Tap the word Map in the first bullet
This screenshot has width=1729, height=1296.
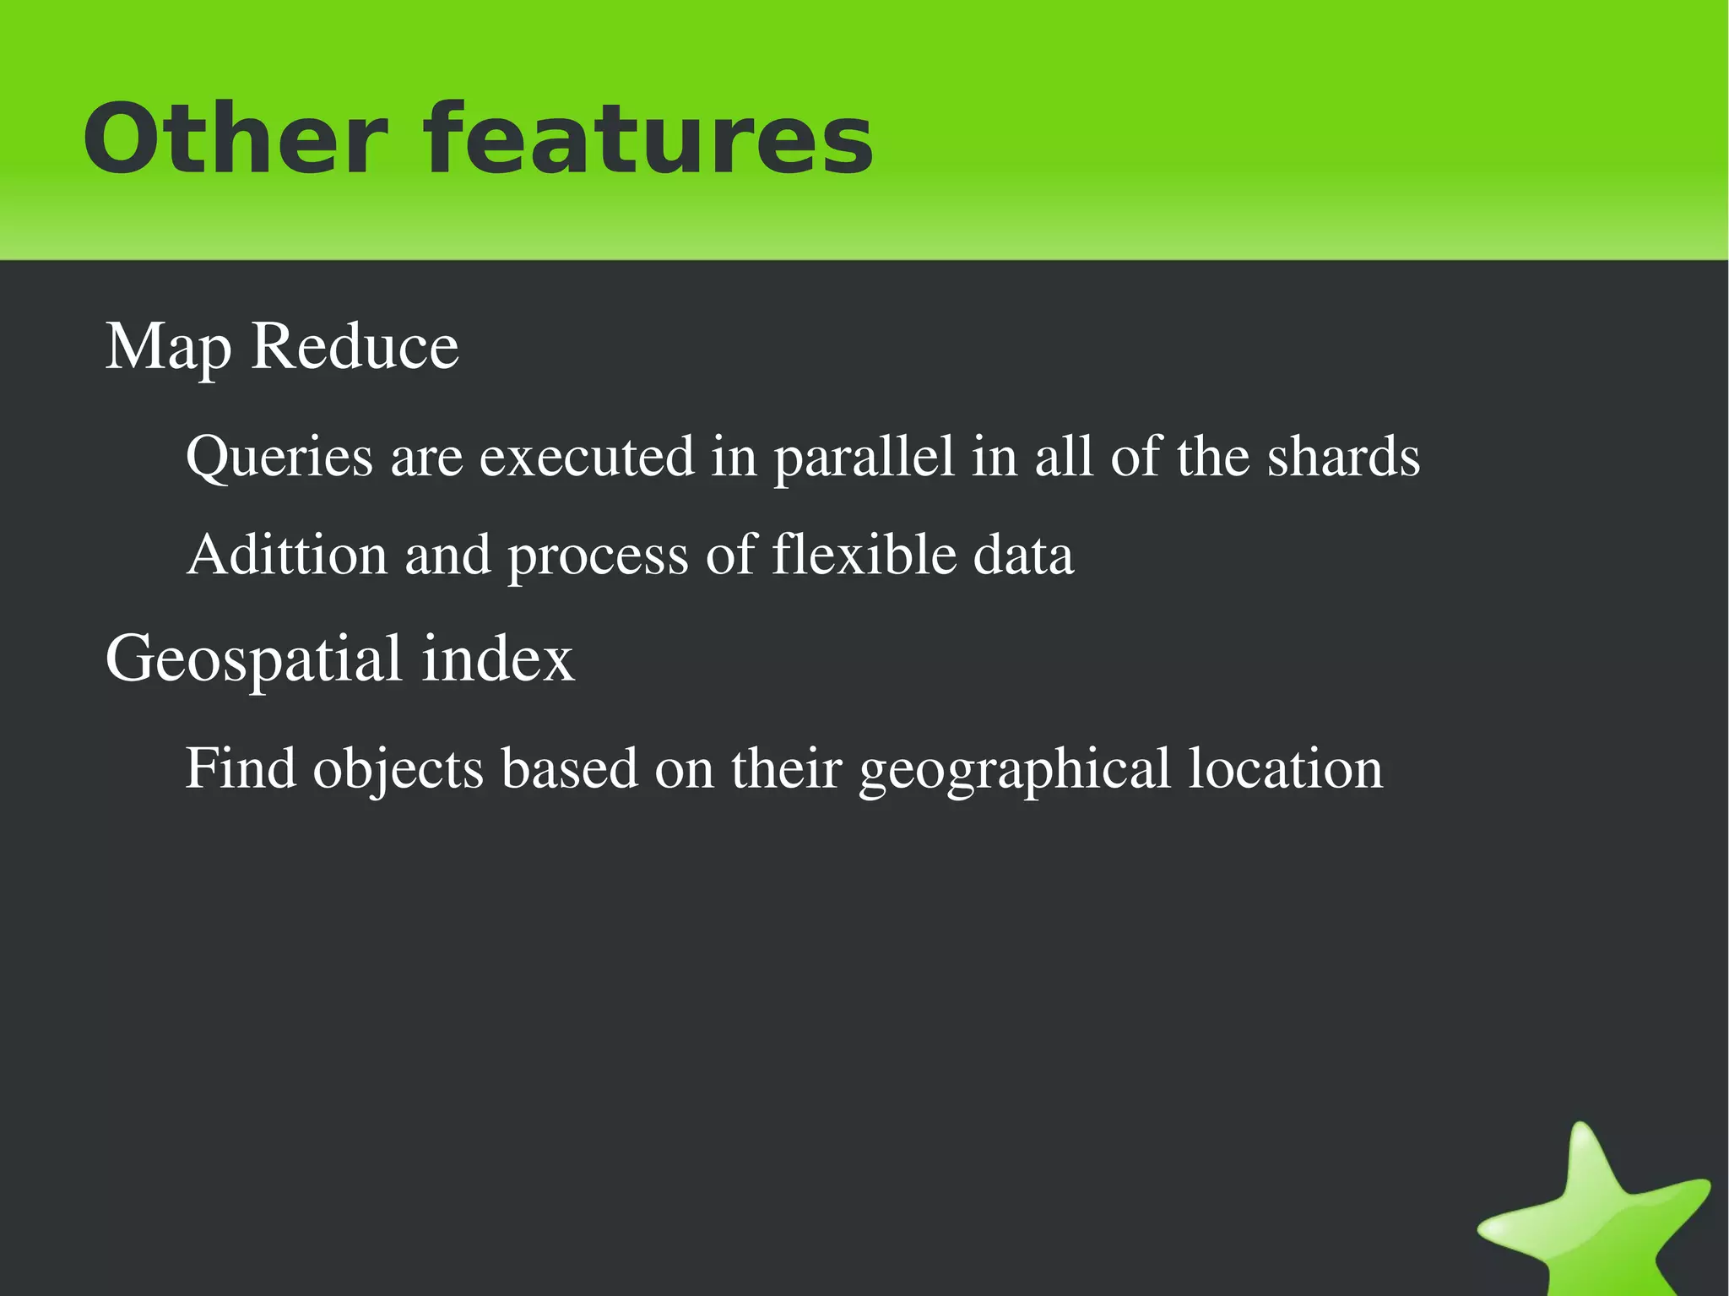(168, 347)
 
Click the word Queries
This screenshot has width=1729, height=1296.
(279, 458)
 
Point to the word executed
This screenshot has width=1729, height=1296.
(587, 457)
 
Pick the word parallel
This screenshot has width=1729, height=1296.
(864, 458)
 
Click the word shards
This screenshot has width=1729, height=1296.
(1342, 457)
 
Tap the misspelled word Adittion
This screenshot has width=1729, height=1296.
(287, 555)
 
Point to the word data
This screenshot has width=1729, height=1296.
(1023, 555)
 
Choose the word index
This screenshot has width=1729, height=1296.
(498, 659)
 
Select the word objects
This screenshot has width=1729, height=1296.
(398, 770)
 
